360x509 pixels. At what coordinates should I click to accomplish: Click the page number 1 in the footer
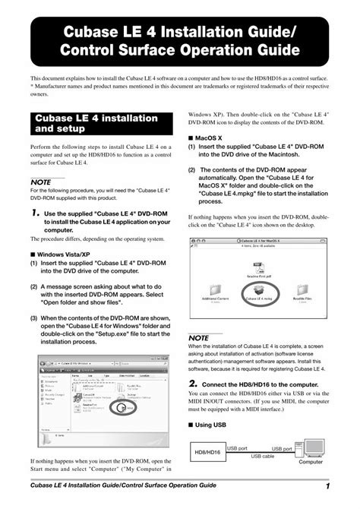coord(326,485)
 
